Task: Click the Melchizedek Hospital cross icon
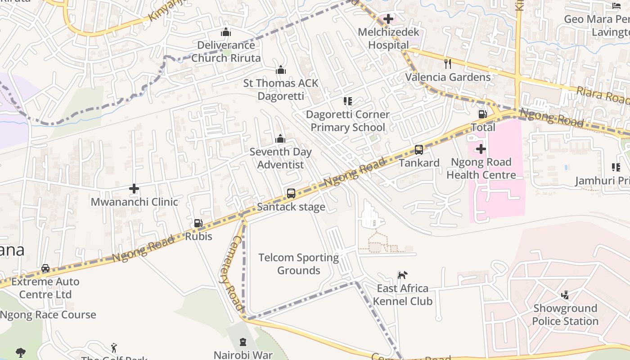click(388, 19)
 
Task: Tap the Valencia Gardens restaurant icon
click(447, 63)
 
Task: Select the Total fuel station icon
click(482, 114)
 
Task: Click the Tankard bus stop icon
click(419, 150)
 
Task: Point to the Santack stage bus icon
click(291, 193)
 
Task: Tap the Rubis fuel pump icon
click(198, 223)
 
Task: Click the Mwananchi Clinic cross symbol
click(134, 189)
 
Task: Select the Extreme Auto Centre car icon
click(45, 268)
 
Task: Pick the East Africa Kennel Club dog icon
click(402, 275)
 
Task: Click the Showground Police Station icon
click(565, 295)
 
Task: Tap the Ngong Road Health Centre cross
click(481, 149)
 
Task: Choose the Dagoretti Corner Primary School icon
click(347, 101)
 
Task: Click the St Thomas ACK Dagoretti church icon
click(281, 70)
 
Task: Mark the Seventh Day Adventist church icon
click(280, 139)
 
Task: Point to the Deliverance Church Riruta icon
click(226, 32)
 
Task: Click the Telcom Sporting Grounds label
click(298, 264)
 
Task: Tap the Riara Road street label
click(603, 96)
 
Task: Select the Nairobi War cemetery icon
click(243, 342)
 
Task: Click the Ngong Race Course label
click(48, 315)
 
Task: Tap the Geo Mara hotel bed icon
click(616, 6)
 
